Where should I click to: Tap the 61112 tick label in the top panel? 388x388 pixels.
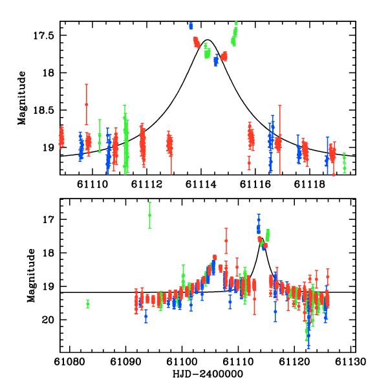[x=147, y=184]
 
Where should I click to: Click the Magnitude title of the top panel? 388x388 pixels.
[x=22, y=98]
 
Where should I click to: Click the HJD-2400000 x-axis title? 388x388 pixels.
[x=207, y=374]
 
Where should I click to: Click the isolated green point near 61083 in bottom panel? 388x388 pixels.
[x=88, y=303]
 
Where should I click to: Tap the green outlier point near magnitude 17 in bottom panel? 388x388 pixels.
[x=149, y=215]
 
